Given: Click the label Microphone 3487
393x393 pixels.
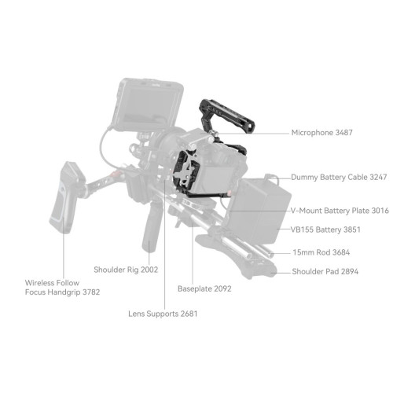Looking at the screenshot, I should coord(321,133).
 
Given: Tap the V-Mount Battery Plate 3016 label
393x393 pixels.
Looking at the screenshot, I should coord(340,211).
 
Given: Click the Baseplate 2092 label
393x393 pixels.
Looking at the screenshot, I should coord(204,288).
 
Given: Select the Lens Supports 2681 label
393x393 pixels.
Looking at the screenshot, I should coord(163,314).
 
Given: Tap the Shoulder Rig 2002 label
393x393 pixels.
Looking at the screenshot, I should coord(126,270).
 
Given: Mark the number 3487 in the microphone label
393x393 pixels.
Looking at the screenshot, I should coord(342,133).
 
